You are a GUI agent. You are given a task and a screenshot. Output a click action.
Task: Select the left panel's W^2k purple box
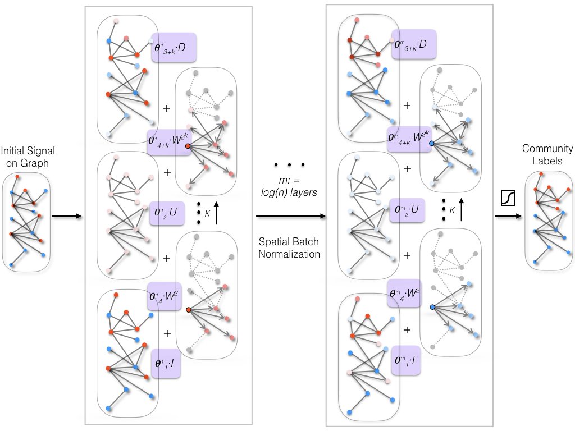point(167,138)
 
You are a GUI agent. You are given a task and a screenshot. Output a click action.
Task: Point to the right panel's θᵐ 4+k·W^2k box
point(408,138)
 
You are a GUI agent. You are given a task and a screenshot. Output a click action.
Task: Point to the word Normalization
point(290,254)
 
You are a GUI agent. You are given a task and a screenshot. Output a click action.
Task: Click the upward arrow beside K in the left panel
point(217,212)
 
